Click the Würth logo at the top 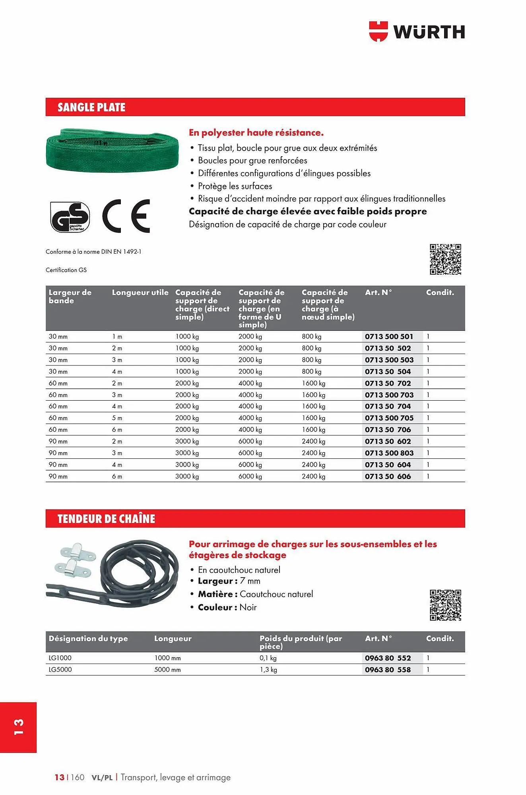pyautogui.click(x=417, y=31)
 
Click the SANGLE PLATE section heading pyautogui.click(x=91, y=107)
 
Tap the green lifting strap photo pyautogui.click(x=112, y=150)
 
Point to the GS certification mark pyautogui.click(x=70, y=217)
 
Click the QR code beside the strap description pyautogui.click(x=445, y=259)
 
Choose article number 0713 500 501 pyautogui.click(x=389, y=337)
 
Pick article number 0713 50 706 pyautogui.click(x=388, y=430)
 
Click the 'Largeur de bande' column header pyautogui.click(x=70, y=297)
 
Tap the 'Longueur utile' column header pyautogui.click(x=140, y=293)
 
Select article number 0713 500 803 pyautogui.click(x=389, y=453)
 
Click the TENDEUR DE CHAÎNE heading pyautogui.click(x=106, y=519)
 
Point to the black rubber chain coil pyautogui.click(x=139, y=572)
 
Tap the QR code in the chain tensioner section pyautogui.click(x=445, y=605)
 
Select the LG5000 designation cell pyautogui.click(x=60, y=670)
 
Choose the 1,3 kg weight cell pyautogui.click(x=268, y=670)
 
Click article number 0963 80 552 pyautogui.click(x=388, y=658)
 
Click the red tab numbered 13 pyautogui.click(x=18, y=727)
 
